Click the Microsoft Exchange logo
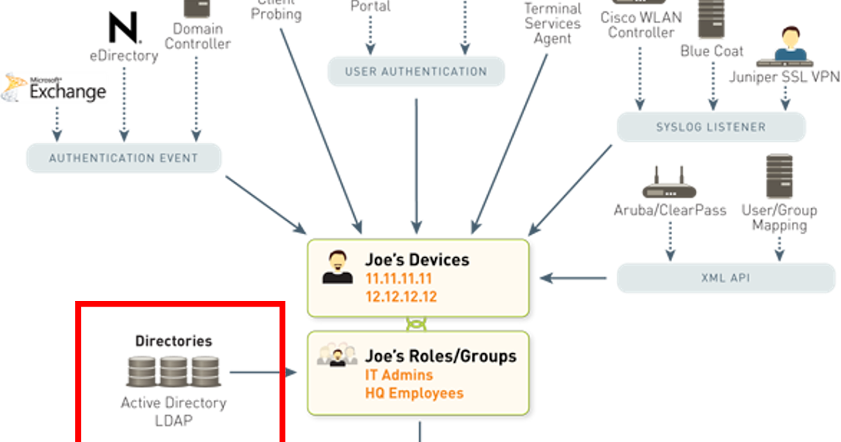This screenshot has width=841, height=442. tap(55, 87)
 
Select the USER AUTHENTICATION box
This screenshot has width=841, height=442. tap(416, 72)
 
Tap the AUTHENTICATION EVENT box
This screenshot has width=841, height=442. tap(123, 158)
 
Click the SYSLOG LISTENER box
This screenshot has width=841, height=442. tap(711, 127)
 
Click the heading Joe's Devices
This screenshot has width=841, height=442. tap(417, 260)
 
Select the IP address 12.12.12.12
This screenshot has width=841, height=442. tap(401, 297)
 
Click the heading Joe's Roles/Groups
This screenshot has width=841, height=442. tap(440, 356)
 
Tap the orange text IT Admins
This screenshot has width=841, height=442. tap(399, 375)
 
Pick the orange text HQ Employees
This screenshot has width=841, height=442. tap(414, 393)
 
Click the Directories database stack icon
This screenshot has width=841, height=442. tap(173, 371)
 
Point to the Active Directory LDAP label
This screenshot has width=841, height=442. tap(173, 412)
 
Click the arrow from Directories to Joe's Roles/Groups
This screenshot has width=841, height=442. tap(263, 373)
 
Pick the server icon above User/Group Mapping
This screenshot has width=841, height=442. tap(779, 178)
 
